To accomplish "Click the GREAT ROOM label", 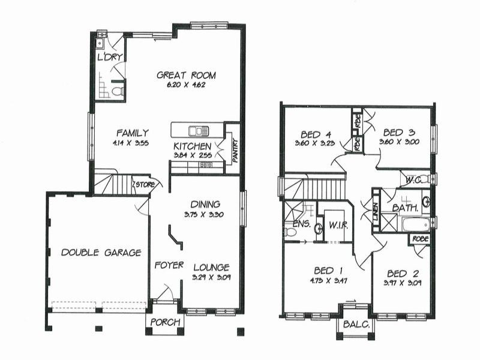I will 186,76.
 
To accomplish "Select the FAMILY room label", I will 133,133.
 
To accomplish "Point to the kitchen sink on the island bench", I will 196,130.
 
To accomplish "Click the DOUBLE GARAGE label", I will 101,253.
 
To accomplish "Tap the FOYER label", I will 169,265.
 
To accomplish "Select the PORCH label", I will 164,322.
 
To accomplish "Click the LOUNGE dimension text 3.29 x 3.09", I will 211,277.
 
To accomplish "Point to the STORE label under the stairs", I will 144,184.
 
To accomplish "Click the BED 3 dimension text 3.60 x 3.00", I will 399,142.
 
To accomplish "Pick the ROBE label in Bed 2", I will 418,239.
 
